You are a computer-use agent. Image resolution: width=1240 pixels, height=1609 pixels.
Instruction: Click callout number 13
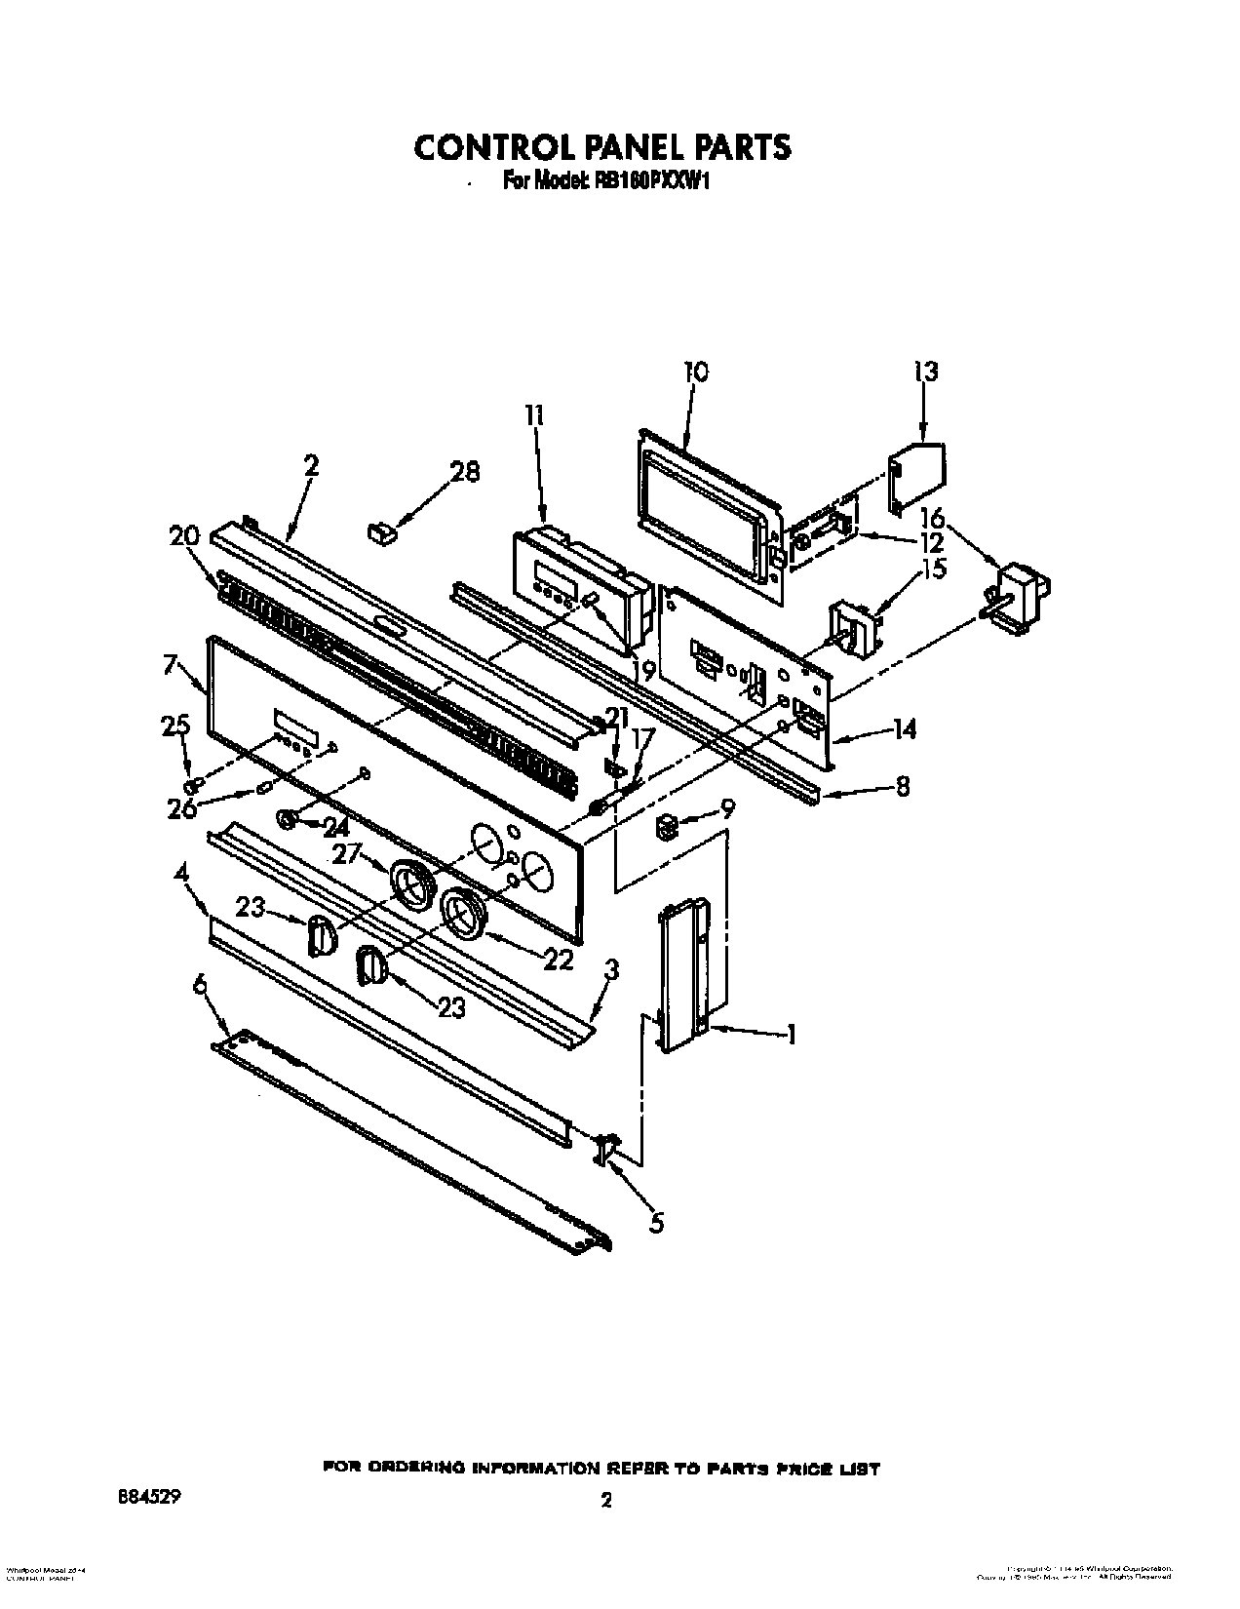925,372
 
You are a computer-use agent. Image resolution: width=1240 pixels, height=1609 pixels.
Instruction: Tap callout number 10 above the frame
696,372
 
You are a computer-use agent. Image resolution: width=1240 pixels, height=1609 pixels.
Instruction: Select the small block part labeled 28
380,531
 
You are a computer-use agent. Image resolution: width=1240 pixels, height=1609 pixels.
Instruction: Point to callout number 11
534,416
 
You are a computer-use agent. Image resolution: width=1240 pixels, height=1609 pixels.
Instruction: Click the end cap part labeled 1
685,975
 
